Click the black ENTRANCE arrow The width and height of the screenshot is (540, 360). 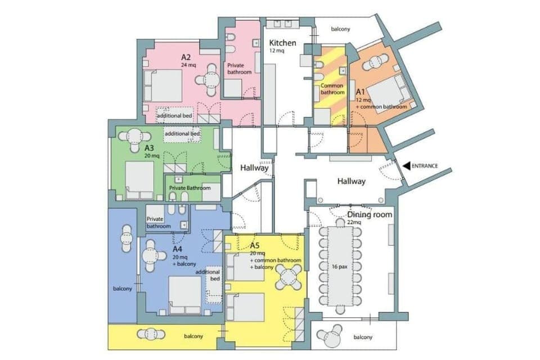(406, 166)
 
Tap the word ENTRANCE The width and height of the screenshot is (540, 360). (425, 166)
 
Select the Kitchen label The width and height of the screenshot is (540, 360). (282, 43)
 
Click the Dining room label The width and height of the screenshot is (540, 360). (370, 215)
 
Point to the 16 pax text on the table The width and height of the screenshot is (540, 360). (339, 266)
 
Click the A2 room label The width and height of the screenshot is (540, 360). (186, 57)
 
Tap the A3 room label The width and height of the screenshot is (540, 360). (149, 148)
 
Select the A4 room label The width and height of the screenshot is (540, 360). (177, 249)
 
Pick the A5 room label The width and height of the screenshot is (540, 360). (254, 245)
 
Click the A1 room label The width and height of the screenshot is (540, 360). (360, 92)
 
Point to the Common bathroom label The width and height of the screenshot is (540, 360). (332, 89)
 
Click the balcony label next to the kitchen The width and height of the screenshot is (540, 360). (340, 29)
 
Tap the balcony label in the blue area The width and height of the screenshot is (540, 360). (122, 289)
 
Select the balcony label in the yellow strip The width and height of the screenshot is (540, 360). (193, 336)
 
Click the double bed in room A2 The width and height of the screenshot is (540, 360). (163, 85)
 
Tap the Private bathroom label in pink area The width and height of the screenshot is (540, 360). (240, 69)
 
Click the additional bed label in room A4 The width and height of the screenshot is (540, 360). (208, 275)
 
